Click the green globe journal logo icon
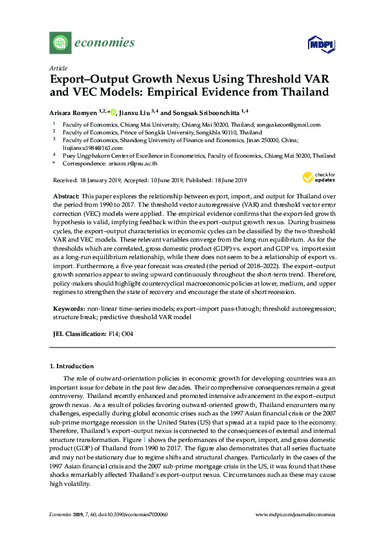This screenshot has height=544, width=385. pyautogui.click(x=60, y=43)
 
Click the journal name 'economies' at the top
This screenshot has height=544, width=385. pyautogui.click(x=105, y=43)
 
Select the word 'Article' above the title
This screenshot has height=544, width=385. pyautogui.click(x=58, y=67)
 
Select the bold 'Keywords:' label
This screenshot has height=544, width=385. pyautogui.click(x=68, y=309)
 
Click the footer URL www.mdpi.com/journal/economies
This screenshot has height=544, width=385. pyautogui.click(x=296, y=514)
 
